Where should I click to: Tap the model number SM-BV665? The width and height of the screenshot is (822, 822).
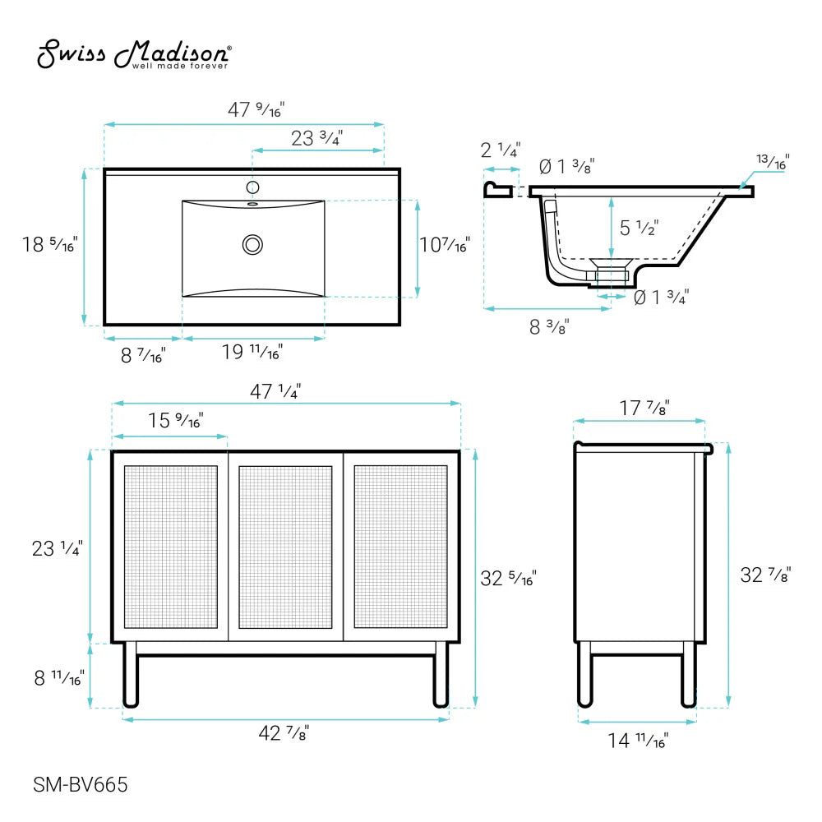(x=80, y=785)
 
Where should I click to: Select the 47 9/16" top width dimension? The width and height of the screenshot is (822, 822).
(x=261, y=109)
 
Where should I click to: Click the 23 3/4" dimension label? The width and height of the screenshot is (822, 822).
(x=316, y=139)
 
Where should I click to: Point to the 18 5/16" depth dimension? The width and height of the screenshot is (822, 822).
(x=49, y=244)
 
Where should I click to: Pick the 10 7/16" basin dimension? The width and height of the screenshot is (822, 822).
(x=445, y=245)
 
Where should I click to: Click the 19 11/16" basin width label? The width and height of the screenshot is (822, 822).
(x=252, y=353)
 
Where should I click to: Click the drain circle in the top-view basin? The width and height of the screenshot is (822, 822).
(x=252, y=244)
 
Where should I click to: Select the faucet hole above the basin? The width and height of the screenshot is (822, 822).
(x=252, y=187)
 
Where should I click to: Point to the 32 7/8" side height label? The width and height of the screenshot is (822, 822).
(x=765, y=575)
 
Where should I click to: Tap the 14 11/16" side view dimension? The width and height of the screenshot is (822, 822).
(x=638, y=741)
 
